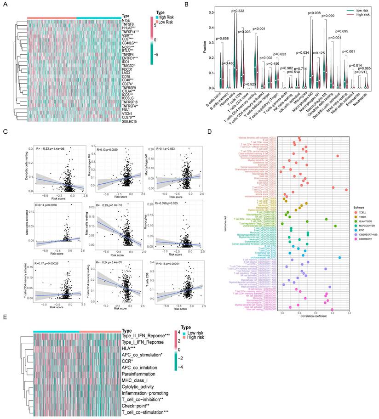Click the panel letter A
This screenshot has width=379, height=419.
5,6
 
